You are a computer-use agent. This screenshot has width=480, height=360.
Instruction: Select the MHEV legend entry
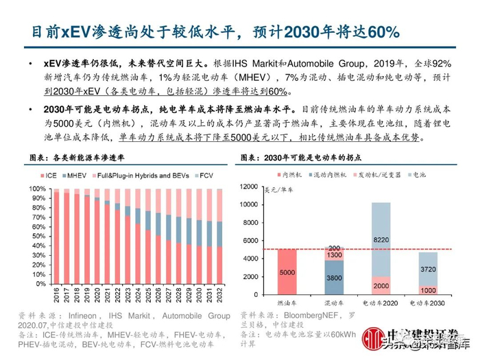75,176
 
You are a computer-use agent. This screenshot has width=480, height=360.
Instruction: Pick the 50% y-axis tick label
37,236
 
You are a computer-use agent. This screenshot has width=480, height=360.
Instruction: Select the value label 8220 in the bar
381,240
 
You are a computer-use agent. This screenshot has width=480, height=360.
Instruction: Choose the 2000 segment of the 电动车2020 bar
381,285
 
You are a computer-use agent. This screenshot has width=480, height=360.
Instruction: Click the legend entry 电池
413,175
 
